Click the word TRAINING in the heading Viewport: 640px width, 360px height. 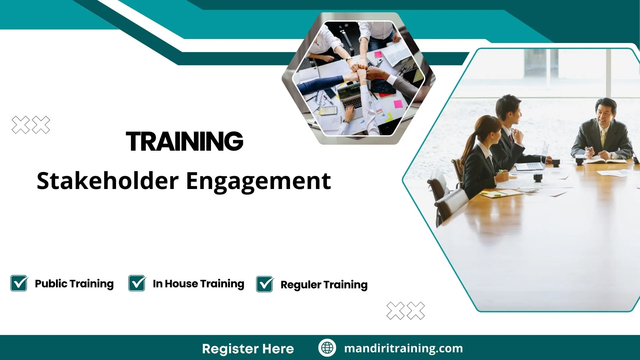coord(184,141)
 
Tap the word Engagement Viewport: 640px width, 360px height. coord(258,182)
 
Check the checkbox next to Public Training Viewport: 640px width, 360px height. coord(19,283)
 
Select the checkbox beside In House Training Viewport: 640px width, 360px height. coord(137,283)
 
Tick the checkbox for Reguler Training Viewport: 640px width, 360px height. coord(265,284)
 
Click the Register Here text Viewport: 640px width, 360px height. coord(248,349)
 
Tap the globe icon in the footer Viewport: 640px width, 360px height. coord(327,348)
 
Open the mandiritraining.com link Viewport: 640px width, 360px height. coord(403,348)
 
